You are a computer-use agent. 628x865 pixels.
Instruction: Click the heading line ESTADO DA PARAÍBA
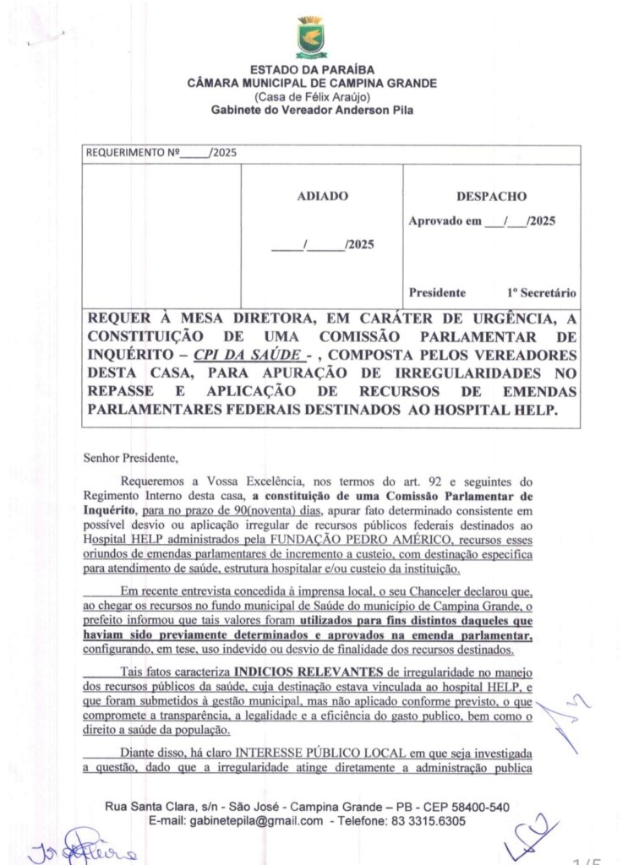313,69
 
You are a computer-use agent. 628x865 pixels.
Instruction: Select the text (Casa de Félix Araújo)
313,96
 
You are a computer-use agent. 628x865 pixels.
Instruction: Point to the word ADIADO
322,196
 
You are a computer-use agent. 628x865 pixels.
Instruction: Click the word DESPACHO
491,196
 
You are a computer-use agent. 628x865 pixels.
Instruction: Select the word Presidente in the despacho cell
437,292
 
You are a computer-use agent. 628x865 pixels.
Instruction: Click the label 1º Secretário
542,292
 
